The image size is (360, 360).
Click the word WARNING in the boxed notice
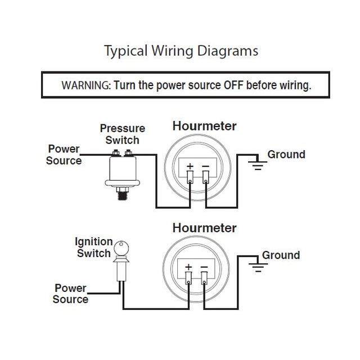(86, 85)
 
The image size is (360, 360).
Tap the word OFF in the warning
(233, 85)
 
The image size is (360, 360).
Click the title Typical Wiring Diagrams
(181, 51)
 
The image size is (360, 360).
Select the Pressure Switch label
(123, 134)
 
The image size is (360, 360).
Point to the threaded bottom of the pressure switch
(123, 196)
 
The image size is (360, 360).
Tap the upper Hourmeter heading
(204, 126)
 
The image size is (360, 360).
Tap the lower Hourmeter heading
(204, 228)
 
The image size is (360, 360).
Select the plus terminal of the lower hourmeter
(188, 278)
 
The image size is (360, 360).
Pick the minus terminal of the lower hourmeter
(204, 278)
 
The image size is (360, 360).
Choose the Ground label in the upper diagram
(286, 155)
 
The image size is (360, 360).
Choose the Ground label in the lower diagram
(281, 255)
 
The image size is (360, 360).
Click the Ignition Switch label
(94, 247)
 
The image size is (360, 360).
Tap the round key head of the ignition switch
(121, 249)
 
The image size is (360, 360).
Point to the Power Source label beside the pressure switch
(64, 155)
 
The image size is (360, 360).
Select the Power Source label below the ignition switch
(70, 294)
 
